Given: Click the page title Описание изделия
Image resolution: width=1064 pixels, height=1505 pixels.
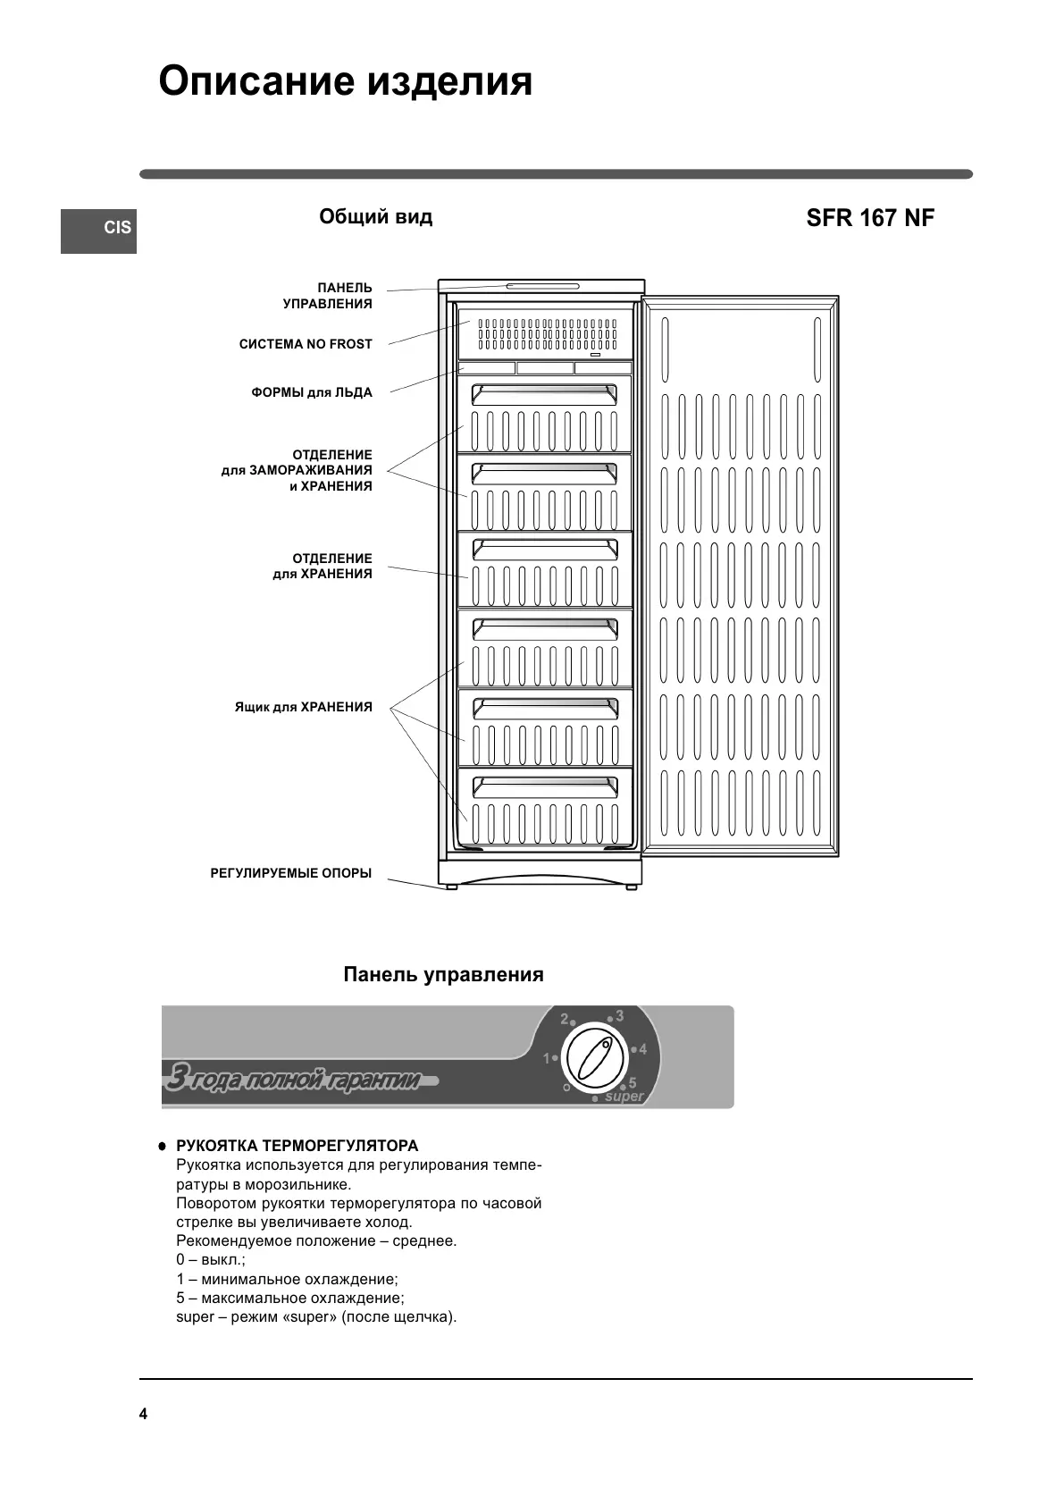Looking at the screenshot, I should click(345, 82).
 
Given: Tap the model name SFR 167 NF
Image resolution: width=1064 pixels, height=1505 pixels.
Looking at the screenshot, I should click(869, 219).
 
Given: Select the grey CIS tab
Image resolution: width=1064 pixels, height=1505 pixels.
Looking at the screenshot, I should click(99, 230).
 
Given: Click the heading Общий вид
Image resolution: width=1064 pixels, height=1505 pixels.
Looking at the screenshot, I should click(375, 217).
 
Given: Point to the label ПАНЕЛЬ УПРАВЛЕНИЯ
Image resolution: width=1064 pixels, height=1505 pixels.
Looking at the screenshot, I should click(328, 296).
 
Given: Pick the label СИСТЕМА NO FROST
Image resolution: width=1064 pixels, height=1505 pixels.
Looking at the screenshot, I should click(306, 344).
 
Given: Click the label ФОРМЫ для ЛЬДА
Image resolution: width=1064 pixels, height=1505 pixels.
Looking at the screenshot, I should click(312, 392).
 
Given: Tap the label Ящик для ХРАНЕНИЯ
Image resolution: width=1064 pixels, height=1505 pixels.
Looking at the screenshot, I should click(304, 707).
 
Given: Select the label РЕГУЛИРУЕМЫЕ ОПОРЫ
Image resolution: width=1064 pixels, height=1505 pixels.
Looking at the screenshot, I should click(291, 873).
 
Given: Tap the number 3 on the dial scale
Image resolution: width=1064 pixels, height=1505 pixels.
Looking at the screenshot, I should click(619, 1017).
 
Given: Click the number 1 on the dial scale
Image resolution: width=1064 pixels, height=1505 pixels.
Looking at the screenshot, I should click(547, 1058).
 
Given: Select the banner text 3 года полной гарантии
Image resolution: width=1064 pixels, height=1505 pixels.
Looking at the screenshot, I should click(296, 1080).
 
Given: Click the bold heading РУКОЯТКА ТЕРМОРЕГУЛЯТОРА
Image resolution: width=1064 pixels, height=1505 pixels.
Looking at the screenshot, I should click(297, 1146).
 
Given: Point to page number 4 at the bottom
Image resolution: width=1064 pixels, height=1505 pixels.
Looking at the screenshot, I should click(144, 1414).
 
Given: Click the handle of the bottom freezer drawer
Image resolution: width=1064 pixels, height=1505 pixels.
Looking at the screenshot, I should click(544, 786).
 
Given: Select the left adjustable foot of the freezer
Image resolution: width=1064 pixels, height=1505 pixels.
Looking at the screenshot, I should click(451, 887).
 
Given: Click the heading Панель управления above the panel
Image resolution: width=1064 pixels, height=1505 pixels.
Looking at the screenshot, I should click(443, 974).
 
